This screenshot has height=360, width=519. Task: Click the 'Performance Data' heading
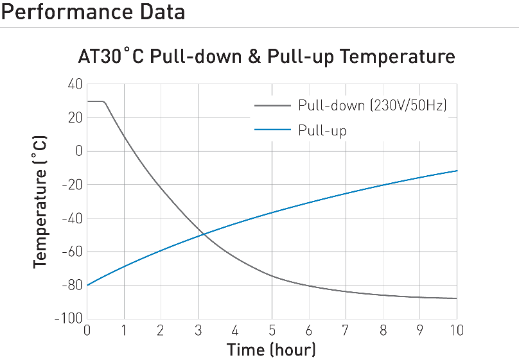93,12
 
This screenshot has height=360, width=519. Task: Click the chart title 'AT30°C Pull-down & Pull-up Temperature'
267,56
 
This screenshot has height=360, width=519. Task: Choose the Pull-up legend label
322,131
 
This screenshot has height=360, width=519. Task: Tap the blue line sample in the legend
274,131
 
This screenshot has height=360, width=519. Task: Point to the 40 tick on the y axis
75,85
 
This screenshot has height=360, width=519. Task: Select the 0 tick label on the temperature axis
78,151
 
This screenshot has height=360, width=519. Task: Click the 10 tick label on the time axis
456,330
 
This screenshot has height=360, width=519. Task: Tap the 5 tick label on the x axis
272,330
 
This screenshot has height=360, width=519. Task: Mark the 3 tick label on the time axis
198,330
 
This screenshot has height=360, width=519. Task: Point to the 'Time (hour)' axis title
271,350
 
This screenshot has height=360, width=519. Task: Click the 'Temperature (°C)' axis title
40,201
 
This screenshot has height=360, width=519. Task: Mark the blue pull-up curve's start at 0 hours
87,285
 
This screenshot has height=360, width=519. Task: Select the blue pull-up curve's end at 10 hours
456,171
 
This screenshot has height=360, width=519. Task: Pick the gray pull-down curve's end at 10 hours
456,298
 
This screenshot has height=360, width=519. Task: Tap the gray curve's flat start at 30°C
95,101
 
